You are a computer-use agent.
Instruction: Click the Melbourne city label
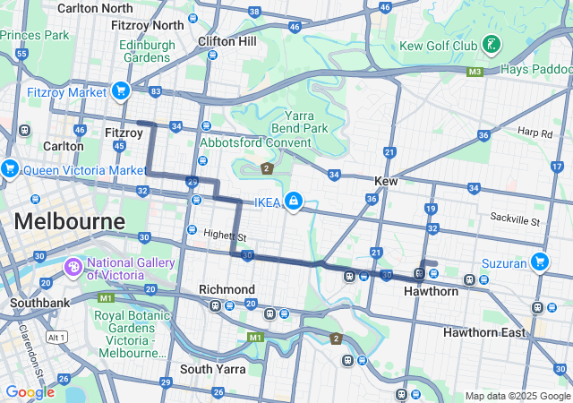[69, 221]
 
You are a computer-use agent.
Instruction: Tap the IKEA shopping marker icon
[293, 200]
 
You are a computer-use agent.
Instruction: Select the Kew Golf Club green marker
[492, 44]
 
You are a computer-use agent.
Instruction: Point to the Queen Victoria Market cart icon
[10, 168]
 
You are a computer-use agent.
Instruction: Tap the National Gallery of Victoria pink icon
[73, 267]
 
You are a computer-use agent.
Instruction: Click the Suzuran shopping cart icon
[539, 262]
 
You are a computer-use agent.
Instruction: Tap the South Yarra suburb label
[212, 369]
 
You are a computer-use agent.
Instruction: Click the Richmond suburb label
[227, 289]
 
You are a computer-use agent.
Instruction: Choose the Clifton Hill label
[227, 41]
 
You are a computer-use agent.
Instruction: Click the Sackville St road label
[515, 219]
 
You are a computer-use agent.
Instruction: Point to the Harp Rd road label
[535, 132]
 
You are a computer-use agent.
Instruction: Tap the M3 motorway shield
[475, 71]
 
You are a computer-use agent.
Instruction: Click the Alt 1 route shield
[57, 337]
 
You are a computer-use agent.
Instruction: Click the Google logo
[30, 392]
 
